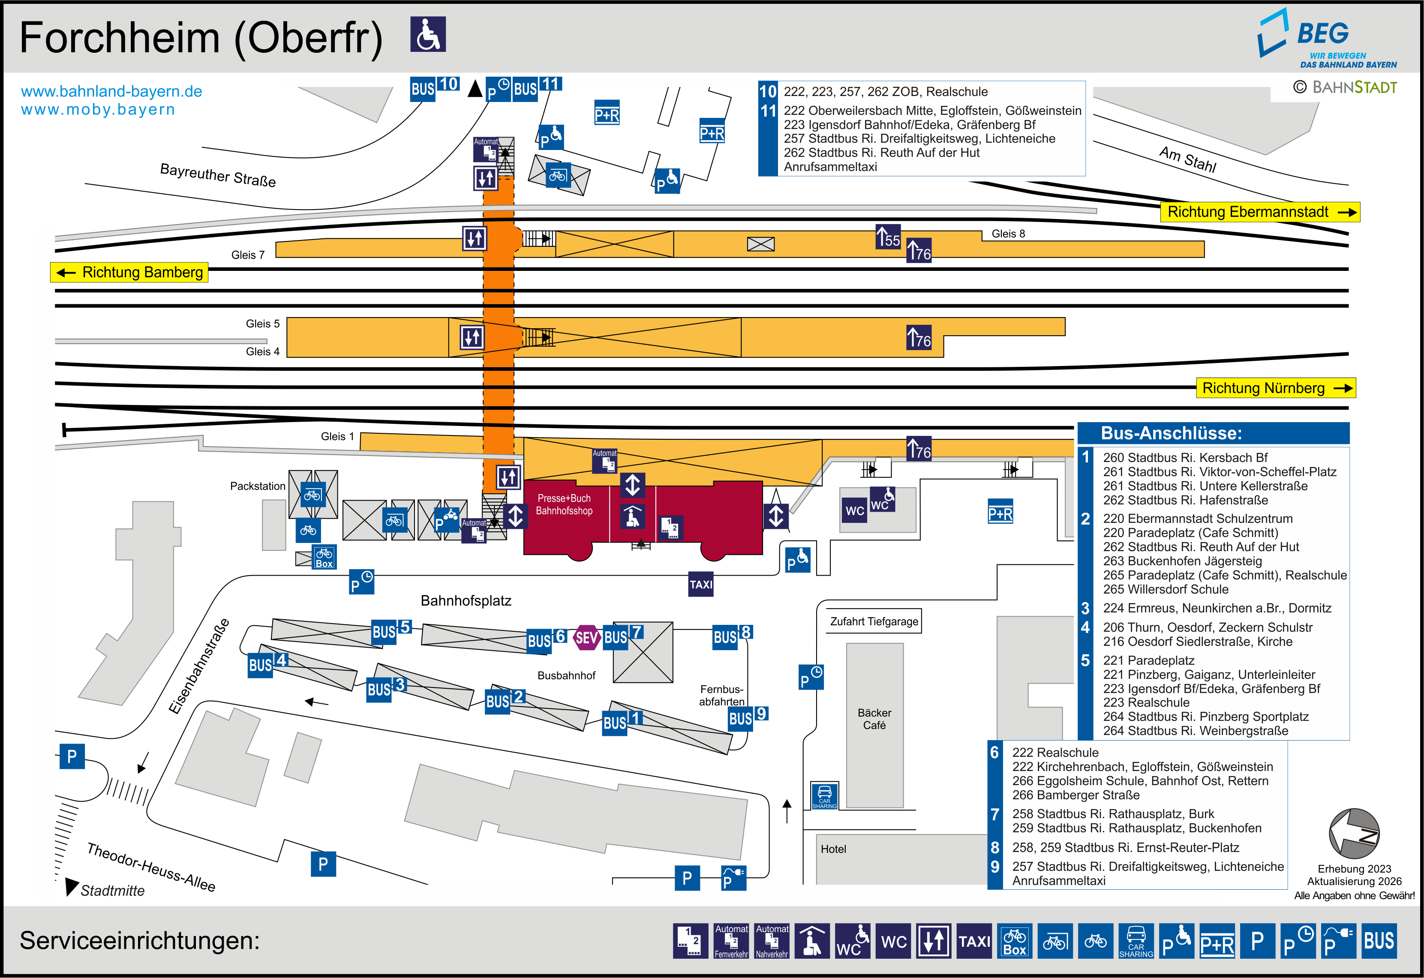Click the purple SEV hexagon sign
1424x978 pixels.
586,638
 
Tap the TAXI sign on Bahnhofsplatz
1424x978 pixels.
701,585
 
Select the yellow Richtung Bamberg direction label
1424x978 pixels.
129,272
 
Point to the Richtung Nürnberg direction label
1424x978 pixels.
1276,388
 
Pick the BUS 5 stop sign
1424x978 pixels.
391,630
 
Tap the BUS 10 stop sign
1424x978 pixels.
434,87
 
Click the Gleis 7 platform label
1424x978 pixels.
247,255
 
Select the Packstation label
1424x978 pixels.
257,486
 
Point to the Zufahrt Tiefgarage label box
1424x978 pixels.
874,621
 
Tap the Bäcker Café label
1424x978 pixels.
874,719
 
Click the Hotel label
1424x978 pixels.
833,849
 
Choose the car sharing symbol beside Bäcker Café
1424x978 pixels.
824,796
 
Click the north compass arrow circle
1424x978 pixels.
1354,834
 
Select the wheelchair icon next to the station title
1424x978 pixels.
428,34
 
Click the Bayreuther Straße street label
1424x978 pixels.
217,175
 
